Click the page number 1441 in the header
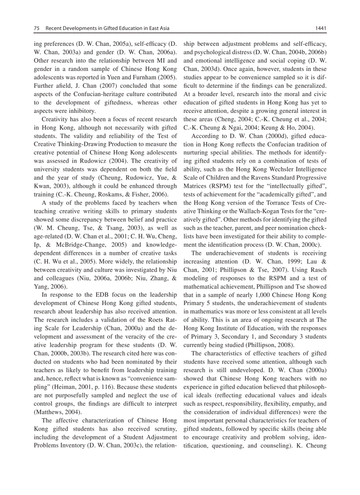pos(320,29)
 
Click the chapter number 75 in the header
pos(37,29)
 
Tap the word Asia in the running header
pos(163,29)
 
